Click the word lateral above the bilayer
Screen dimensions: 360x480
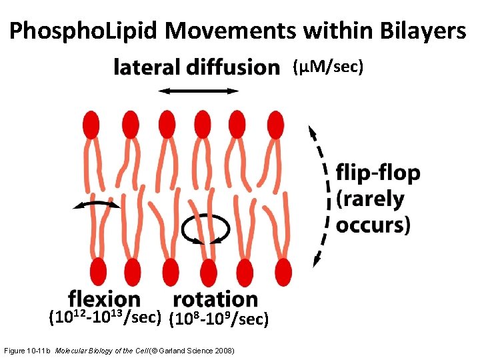coord(146,67)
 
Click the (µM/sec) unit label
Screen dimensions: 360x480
coord(327,67)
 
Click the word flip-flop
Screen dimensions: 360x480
coord(378,173)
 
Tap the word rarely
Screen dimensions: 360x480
coord(371,199)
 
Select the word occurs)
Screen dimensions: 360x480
coord(373,224)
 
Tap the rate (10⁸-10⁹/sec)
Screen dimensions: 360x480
coord(220,320)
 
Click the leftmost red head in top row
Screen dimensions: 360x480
coord(91,125)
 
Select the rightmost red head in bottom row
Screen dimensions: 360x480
coord(283,271)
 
